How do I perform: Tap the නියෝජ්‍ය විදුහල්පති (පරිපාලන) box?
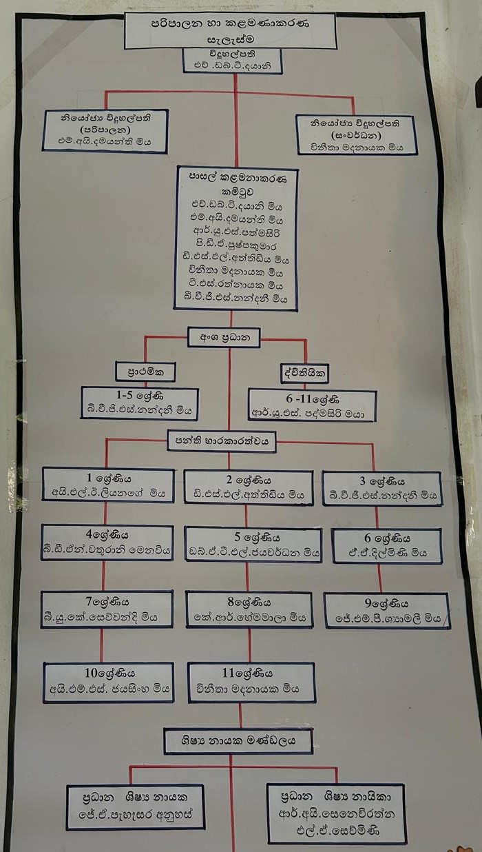pos(105,132)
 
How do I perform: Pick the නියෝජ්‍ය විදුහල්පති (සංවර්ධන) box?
pos(355,134)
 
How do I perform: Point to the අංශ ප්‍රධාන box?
pos(224,337)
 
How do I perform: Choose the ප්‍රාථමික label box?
pos(145,372)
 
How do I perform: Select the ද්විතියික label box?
pos(304,374)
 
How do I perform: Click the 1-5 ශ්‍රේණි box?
pos(139,403)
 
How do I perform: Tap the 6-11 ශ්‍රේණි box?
pos(312,405)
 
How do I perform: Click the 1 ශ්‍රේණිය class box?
pos(107,485)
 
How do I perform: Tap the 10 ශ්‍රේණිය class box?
pos(108,682)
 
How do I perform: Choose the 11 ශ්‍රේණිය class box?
pos(251,682)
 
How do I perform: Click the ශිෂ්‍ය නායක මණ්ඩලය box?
pos(238,742)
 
